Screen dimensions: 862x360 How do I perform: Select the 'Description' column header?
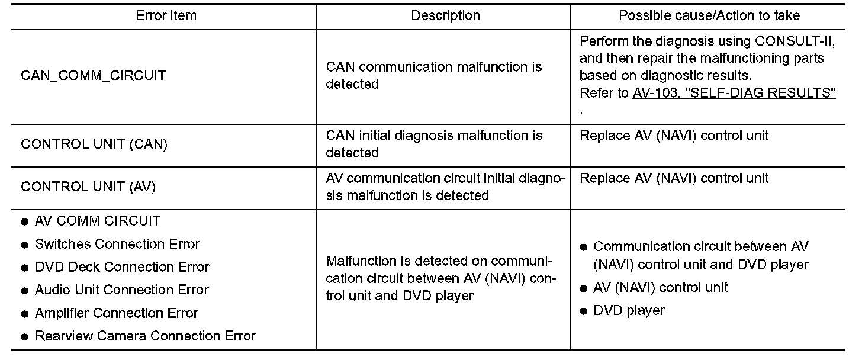[x=445, y=16]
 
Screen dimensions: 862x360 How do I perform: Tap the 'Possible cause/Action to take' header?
[x=709, y=16]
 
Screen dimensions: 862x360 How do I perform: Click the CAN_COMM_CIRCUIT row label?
[x=94, y=76]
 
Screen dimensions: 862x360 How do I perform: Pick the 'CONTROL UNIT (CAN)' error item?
[x=94, y=144]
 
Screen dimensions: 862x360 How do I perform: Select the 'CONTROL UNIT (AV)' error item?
[x=88, y=187]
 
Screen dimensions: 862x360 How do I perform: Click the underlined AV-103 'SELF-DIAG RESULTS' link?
[x=734, y=94]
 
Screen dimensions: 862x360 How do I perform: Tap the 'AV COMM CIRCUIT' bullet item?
[x=98, y=221]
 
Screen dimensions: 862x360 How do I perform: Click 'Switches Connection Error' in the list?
[x=117, y=244]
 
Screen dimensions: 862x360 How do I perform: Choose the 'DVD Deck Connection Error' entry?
[x=122, y=267]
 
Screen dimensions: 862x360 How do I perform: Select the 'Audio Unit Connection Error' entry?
[x=121, y=290]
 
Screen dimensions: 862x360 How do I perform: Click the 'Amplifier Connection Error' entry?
[x=117, y=313]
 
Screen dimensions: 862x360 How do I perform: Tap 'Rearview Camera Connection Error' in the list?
[x=145, y=336]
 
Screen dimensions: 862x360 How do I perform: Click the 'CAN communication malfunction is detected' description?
[x=433, y=76]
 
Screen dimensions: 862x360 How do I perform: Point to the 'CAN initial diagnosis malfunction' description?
[x=433, y=144]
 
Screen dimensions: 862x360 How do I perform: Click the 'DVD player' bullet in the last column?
[x=629, y=310]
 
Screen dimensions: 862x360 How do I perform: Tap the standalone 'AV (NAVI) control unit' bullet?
[x=661, y=288]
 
